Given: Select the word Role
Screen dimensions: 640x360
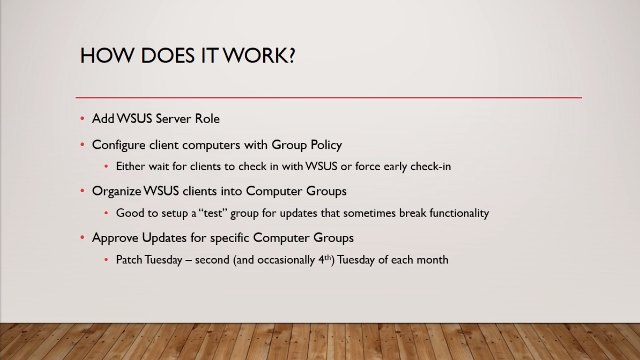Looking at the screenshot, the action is pyautogui.click(x=207, y=118).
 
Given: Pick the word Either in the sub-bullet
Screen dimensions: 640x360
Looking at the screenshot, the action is pyautogui.click(x=131, y=166).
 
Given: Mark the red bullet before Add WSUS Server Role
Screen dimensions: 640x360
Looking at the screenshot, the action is pyautogui.click(x=82, y=118).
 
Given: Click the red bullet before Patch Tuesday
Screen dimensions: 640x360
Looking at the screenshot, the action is pyautogui.click(x=106, y=260).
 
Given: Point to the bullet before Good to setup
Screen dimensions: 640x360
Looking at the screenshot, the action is pyautogui.click(x=106, y=213).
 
